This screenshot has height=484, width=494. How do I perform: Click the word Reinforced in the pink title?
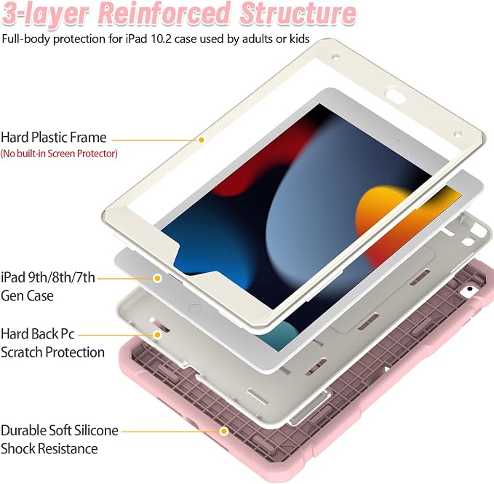pos(163,13)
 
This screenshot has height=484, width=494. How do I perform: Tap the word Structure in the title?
pos(298,13)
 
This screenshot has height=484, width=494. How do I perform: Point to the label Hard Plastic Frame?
pos(54,138)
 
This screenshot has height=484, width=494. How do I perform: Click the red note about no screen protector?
pos(59,154)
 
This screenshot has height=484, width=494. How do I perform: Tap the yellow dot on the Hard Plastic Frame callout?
pos(202,140)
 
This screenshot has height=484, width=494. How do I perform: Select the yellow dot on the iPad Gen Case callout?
pos(157,278)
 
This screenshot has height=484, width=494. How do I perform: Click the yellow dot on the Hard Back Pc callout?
pos(157,335)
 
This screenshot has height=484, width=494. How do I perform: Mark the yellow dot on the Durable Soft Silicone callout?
pos(224,431)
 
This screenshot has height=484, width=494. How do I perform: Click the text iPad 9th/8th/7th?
pos(48,277)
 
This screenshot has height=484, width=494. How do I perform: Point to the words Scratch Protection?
pos(52,352)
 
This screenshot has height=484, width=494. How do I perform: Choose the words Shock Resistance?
pos(49,449)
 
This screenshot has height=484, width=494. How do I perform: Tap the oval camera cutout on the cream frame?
pos(396,96)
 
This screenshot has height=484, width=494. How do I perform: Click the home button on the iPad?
pos(194,309)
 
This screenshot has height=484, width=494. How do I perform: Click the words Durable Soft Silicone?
pos(60,430)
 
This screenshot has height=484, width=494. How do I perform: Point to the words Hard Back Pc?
pos(38,334)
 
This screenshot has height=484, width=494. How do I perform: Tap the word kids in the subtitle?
pos(299,39)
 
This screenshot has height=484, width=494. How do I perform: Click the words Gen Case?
pos(27,296)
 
